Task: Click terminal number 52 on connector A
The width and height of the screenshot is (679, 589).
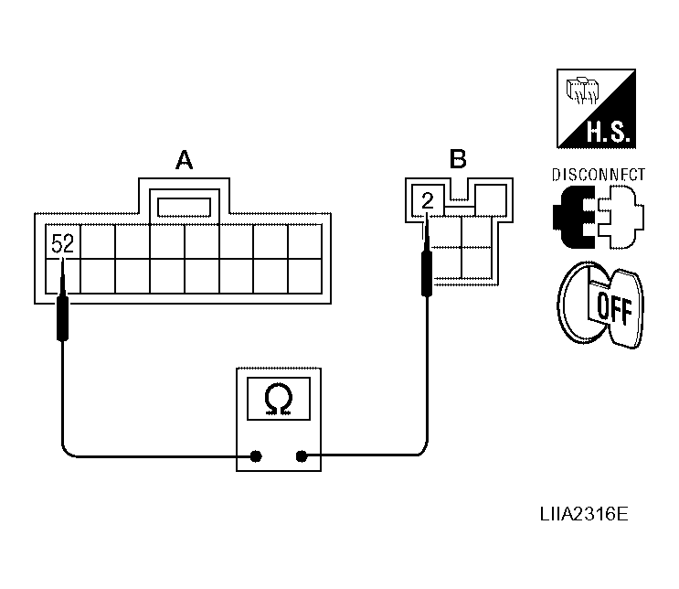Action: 63,243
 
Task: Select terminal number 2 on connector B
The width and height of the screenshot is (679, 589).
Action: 428,201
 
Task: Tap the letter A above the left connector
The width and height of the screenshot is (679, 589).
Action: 184,160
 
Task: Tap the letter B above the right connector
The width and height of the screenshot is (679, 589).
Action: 458,158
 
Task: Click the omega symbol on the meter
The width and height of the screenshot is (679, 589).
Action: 279,399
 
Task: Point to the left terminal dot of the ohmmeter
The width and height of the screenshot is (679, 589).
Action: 256,456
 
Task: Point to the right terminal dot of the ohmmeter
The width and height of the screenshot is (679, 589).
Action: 302,456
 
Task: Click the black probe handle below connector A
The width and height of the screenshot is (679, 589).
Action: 63,317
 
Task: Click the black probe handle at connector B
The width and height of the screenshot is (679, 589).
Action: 427,273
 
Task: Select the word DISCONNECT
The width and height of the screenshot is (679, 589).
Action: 598,175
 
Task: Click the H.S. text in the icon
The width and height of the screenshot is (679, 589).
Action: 608,132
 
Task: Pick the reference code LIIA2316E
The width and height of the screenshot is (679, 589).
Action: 584,514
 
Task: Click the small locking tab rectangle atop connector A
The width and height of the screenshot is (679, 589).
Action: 184,208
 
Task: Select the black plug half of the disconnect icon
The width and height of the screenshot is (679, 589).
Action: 574,217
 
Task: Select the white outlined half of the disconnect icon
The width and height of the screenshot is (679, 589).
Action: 621,217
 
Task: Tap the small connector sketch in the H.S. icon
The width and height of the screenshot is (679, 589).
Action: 582,91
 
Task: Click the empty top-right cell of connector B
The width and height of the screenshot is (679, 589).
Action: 491,199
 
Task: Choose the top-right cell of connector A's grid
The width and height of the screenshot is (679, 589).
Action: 305,241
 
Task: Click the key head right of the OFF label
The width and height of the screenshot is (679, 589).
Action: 627,308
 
